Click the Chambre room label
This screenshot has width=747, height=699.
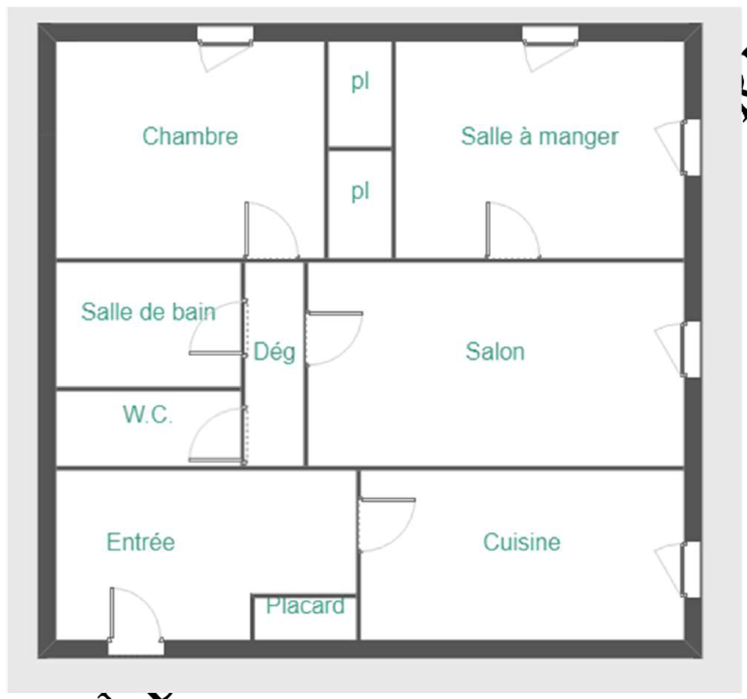[190, 136]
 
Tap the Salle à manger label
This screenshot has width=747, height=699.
[540, 137]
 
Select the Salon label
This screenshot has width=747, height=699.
[495, 351]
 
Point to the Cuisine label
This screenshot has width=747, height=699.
[521, 542]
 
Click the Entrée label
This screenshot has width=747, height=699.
[141, 542]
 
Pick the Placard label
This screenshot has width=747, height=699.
[305, 606]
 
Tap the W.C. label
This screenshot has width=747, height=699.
[148, 414]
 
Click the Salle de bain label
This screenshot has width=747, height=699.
[148, 312]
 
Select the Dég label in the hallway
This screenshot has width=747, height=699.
[275, 352]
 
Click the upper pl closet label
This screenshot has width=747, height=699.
[360, 82]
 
